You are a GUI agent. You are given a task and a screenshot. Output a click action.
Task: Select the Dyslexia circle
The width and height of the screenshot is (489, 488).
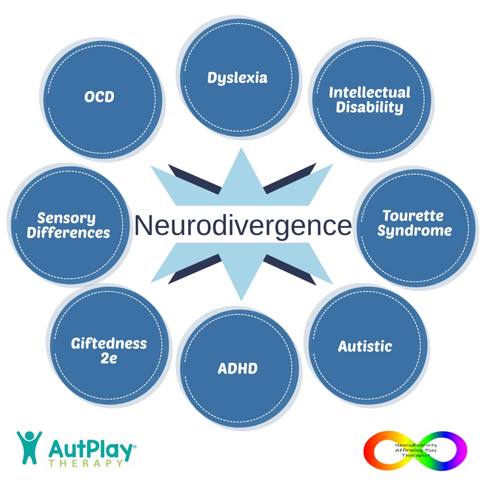(239, 77)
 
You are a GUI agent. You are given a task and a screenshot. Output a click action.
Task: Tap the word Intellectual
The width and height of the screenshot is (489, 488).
(370, 92)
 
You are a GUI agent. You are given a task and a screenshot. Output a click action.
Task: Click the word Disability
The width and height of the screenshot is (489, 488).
(370, 108)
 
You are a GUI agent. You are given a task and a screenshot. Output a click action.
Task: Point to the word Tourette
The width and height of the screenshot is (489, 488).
(413, 216)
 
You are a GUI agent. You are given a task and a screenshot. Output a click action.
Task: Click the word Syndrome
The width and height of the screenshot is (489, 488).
(415, 231)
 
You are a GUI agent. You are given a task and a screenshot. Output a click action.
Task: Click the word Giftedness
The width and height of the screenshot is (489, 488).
(109, 344)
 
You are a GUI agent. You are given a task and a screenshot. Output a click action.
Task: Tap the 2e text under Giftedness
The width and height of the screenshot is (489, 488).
(109, 358)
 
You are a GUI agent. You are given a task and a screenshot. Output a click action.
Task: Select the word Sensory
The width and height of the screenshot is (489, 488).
(67, 218)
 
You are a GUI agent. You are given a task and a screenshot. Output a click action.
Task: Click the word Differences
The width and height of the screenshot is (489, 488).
(68, 233)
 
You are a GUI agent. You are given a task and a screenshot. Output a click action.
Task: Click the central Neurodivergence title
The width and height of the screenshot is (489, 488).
(243, 225)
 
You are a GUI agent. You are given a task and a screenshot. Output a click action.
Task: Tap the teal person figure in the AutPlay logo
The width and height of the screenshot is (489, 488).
(29, 447)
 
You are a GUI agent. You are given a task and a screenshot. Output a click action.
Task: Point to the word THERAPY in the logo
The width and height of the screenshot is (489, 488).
(86, 463)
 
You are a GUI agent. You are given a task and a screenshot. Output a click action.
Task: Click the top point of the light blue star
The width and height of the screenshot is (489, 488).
(241, 148)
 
